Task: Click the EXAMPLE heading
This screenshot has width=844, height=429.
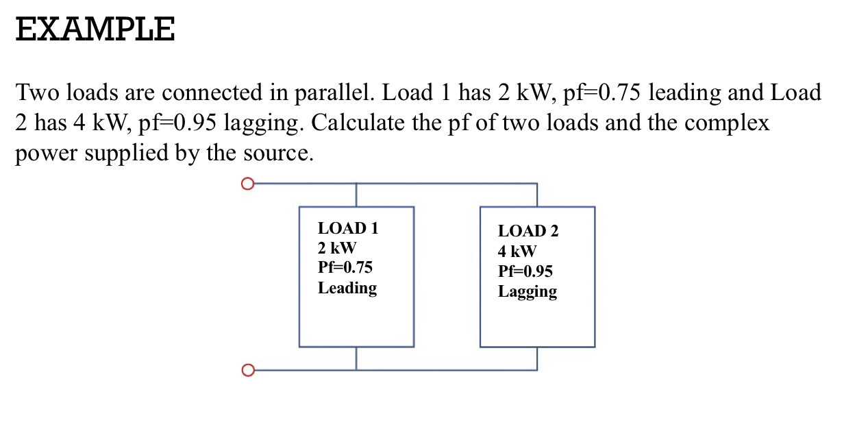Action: [x=95, y=29]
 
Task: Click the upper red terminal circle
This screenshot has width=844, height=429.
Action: [x=248, y=184]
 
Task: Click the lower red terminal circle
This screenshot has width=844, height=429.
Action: [x=248, y=371]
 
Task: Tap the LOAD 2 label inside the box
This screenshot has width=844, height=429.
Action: [x=527, y=231]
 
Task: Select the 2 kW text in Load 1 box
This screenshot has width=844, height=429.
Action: [x=337, y=247]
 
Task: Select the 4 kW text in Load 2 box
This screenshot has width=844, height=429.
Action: [x=517, y=251]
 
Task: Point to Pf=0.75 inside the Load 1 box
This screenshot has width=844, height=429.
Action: [x=345, y=267]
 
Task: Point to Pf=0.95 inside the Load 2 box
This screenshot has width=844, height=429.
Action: [x=525, y=271]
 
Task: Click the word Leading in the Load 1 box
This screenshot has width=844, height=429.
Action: [x=347, y=288]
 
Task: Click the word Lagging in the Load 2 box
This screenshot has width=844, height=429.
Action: [x=527, y=291]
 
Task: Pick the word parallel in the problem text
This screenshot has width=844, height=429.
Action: [x=332, y=93]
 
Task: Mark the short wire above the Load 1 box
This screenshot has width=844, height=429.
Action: [x=356, y=195]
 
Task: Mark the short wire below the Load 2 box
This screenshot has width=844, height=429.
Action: [x=536, y=358]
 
